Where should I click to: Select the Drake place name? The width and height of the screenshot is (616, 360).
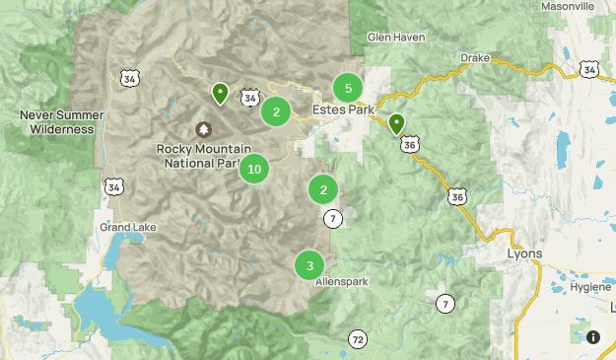474,57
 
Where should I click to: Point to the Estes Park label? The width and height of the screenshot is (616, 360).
343,108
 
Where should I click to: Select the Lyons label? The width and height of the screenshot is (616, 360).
525,253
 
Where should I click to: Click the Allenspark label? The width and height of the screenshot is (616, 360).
341,281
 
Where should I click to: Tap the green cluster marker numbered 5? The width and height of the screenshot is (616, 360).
348,88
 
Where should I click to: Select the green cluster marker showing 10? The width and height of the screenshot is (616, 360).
254,169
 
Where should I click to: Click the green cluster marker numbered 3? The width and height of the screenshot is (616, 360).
309,264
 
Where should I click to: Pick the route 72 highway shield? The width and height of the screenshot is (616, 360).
357,340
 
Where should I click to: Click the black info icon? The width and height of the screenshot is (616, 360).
593,336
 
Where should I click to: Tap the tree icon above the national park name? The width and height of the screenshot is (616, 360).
204,128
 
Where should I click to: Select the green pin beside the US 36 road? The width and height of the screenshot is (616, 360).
396,123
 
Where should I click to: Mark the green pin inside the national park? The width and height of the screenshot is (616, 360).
221,93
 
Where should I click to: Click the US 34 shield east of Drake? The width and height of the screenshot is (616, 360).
589,69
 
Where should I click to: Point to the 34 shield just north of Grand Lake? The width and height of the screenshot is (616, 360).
116,186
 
